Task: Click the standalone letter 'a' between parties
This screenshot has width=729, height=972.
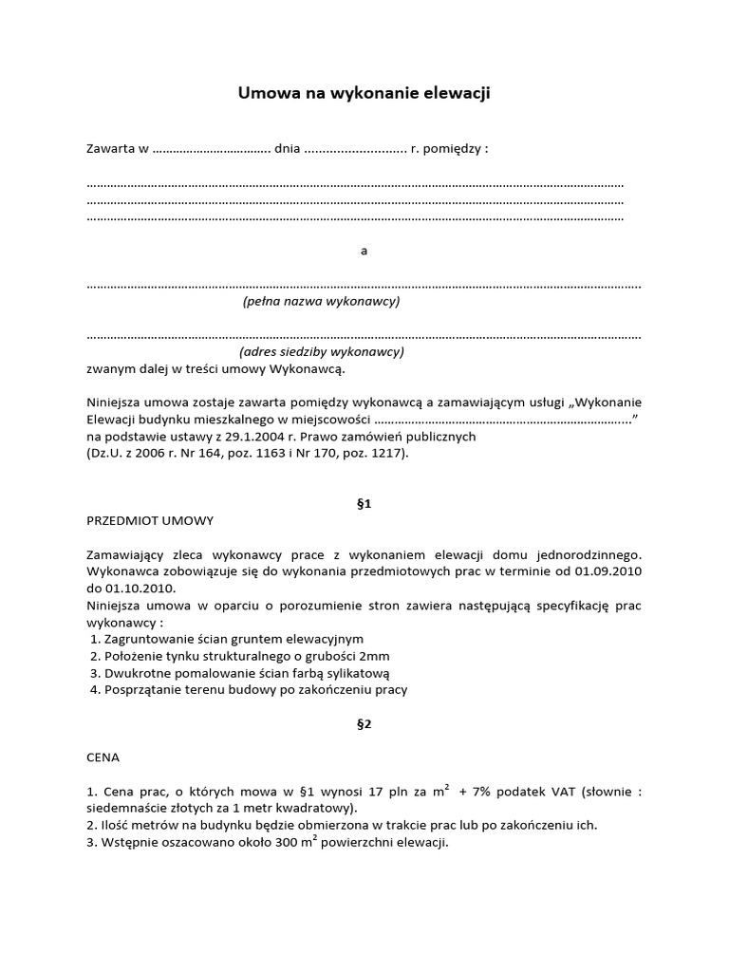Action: (x=364, y=252)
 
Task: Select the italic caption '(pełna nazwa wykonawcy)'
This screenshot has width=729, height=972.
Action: (x=321, y=301)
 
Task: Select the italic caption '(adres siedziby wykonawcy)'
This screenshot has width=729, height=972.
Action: (x=322, y=350)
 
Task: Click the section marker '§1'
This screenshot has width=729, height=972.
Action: (x=364, y=504)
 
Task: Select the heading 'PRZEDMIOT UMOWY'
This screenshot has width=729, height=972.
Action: (x=150, y=520)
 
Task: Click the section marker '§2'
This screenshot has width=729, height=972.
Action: (x=364, y=723)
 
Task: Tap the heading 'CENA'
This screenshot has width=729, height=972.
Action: (x=103, y=757)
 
